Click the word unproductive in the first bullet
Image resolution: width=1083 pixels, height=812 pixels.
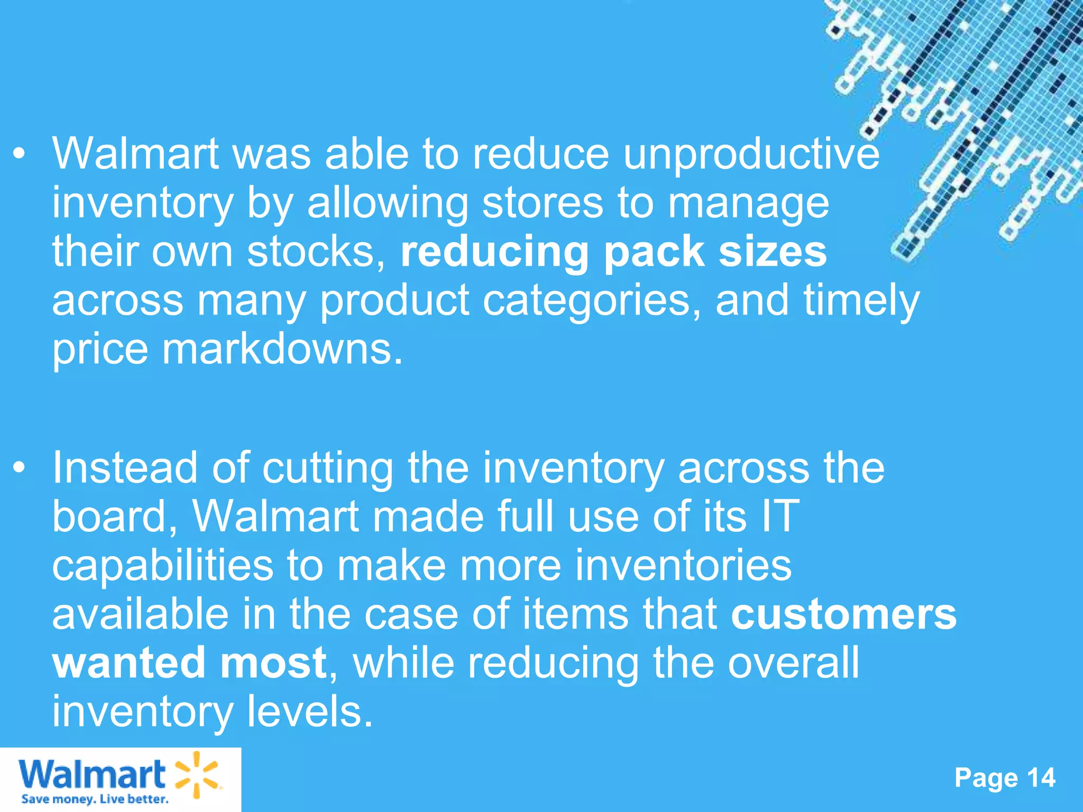click(x=751, y=155)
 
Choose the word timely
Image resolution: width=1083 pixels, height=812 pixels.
click(x=861, y=301)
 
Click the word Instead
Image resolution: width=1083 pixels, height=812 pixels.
click(x=125, y=468)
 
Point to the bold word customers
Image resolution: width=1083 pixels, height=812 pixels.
click(x=843, y=614)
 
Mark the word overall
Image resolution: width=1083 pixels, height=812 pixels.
click(x=793, y=663)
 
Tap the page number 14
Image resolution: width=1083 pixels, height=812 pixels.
click(x=1041, y=778)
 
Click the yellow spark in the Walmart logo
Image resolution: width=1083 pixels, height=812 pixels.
click(x=196, y=774)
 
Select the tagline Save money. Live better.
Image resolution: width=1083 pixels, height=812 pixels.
click(x=95, y=799)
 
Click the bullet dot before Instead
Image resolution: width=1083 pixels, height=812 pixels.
click(x=20, y=468)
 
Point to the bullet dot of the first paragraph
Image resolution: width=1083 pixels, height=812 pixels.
click(x=20, y=155)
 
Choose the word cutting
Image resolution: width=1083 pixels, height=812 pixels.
click(x=328, y=468)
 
